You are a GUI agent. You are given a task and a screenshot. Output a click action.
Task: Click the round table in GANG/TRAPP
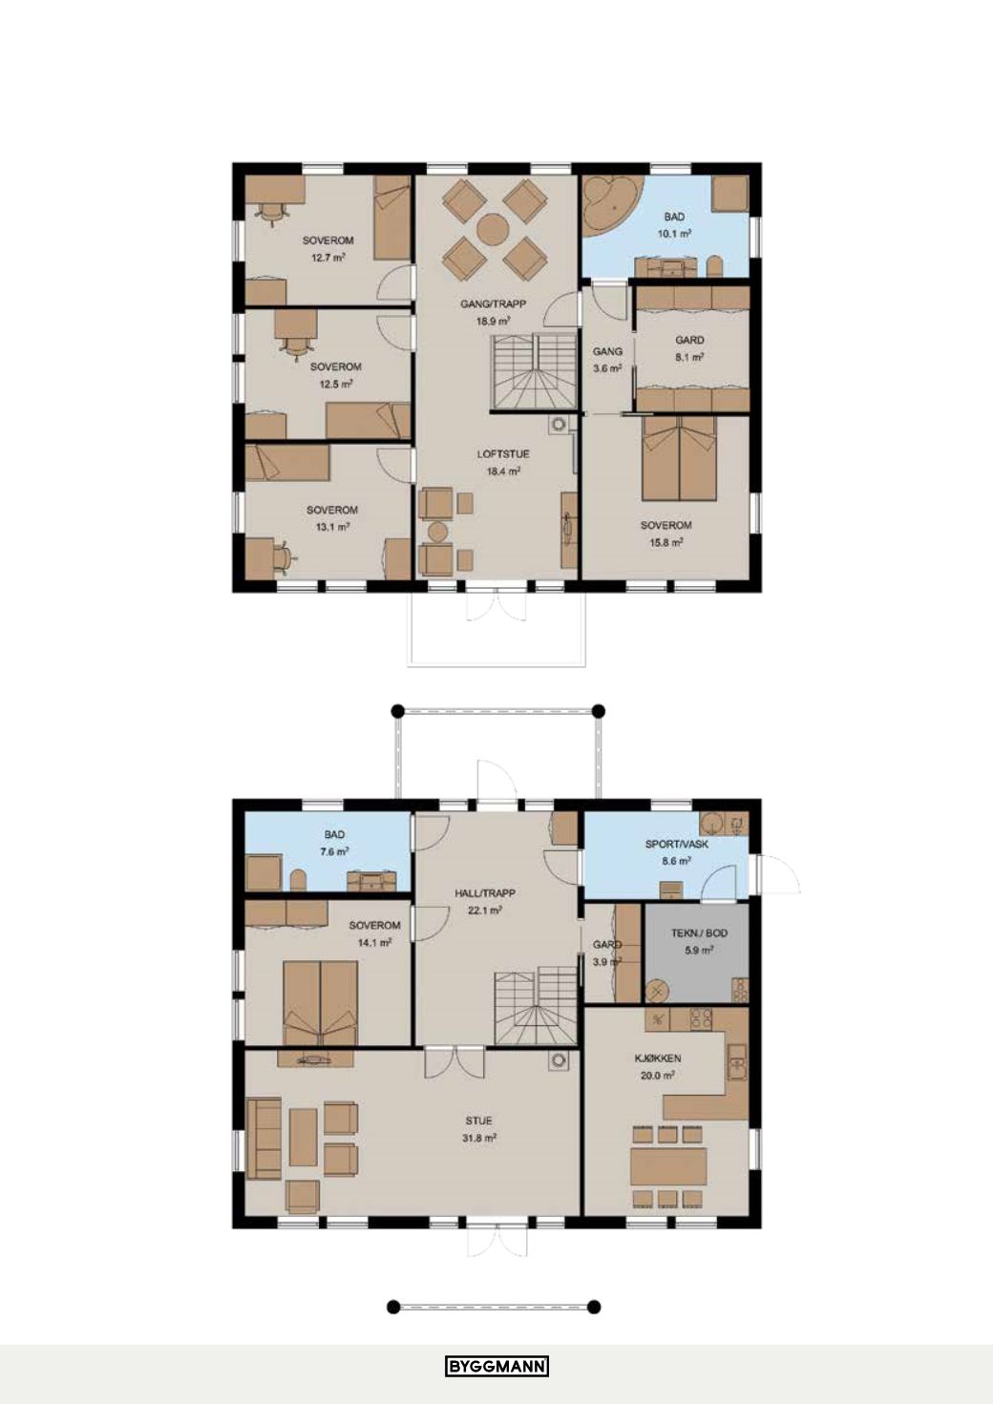tap(492, 229)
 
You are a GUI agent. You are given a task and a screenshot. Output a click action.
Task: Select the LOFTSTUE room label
tap(503, 453)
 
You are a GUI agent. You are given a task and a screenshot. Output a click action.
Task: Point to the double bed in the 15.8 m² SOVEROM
tap(680, 459)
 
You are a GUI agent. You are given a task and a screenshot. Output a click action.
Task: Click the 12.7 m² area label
tap(328, 258)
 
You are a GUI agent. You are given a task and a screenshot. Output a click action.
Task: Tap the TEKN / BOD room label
tap(700, 933)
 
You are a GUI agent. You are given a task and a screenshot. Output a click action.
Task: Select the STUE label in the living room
tap(479, 1121)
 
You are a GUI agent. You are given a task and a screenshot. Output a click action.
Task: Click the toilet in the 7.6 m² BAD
tap(299, 879)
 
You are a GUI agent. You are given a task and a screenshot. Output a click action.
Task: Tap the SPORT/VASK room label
tap(677, 845)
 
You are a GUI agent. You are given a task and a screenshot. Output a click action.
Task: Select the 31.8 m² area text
tap(479, 1139)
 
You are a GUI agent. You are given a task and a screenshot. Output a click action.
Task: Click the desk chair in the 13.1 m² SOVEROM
tap(283, 555)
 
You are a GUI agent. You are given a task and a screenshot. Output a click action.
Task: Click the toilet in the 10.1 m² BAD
tap(714, 266)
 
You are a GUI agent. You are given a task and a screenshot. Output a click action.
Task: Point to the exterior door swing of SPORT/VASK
tap(778, 874)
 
